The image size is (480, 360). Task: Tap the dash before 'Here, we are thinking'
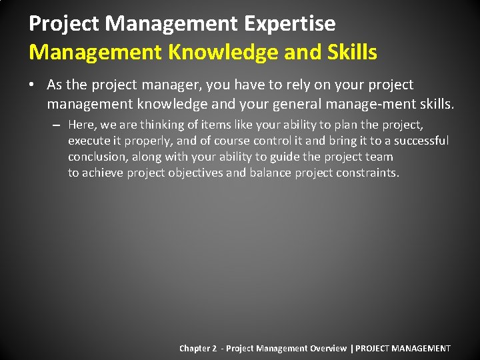[x=58, y=125]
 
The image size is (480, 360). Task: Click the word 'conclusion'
[x=98, y=157]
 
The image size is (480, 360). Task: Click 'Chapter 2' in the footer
[x=198, y=348]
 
